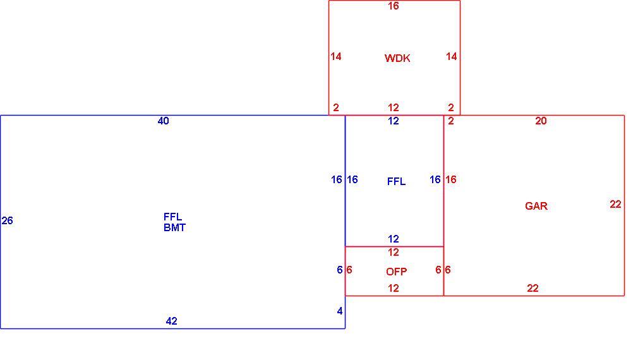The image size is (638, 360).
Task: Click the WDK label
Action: (x=397, y=58)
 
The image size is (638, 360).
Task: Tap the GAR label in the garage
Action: (x=536, y=206)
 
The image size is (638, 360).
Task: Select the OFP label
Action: (x=396, y=272)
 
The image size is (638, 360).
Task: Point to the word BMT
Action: (x=174, y=227)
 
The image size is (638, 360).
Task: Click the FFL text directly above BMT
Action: (x=172, y=217)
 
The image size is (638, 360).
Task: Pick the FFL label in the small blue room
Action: (x=396, y=181)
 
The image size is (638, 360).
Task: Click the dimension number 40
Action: (x=163, y=121)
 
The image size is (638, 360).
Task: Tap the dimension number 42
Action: (x=171, y=321)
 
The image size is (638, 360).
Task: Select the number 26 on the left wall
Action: (x=8, y=220)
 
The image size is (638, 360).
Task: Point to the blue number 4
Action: (x=340, y=311)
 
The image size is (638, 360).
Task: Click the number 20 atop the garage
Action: (x=541, y=121)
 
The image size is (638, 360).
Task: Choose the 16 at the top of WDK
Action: (x=393, y=6)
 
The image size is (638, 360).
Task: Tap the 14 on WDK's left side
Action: (x=335, y=57)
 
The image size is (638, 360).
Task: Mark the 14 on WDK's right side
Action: (x=451, y=57)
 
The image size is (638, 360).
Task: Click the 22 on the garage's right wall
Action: (x=615, y=204)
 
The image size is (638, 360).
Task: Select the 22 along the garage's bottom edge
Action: (x=533, y=289)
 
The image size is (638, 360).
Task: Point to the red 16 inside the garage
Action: (x=450, y=179)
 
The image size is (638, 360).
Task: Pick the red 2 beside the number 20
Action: (x=451, y=121)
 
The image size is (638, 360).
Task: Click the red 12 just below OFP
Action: (x=393, y=289)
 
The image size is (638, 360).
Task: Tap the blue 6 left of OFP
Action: (x=340, y=270)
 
